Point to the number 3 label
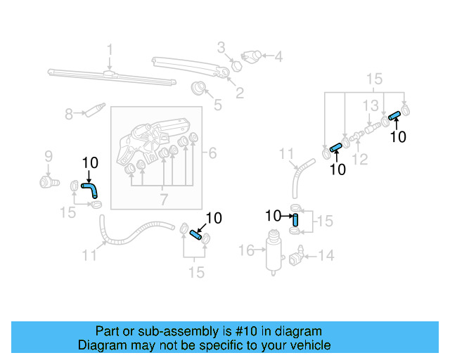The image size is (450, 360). [x=220, y=48]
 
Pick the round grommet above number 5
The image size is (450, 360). [x=200, y=88]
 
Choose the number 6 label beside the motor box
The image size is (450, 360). [x=212, y=153]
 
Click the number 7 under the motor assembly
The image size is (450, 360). [x=164, y=200]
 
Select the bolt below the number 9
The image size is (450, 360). [x=48, y=183]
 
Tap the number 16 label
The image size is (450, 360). [x=245, y=250]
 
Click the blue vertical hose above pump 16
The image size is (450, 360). [x=296, y=220]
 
